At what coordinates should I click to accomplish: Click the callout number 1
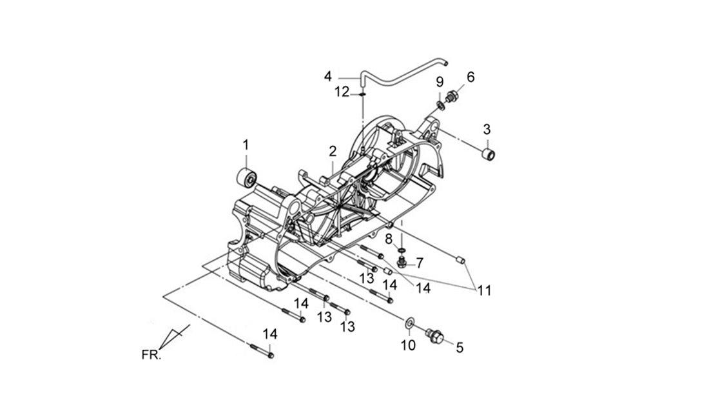pos(246,145)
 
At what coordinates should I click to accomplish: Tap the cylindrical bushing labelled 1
pos(247,177)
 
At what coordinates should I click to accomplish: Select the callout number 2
pos(333,151)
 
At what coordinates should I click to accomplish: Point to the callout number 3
pos(487,130)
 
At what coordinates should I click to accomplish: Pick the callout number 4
pos(328,76)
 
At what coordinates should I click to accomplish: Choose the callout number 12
pos(342,92)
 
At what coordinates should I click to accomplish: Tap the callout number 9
pos(440,82)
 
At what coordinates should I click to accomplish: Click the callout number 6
pos(471,77)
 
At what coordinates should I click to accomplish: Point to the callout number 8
pos(389,239)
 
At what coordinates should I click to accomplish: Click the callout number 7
pos(419,263)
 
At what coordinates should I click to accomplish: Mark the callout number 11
pos(484,290)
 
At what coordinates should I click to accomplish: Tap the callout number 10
pos(408,345)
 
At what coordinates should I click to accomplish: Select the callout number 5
pos(460,347)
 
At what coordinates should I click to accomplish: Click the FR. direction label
pos(151,354)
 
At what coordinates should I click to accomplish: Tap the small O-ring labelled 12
pos(362,94)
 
